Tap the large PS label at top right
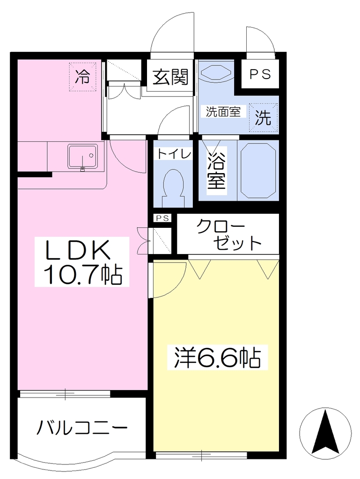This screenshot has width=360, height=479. pyautogui.click(x=260, y=74)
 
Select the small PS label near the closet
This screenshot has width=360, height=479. pyautogui.click(x=162, y=218)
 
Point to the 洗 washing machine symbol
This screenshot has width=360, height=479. pyautogui.click(x=263, y=117)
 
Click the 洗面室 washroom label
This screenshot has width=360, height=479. pyautogui.click(x=223, y=111)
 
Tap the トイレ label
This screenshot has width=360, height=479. pyautogui.click(x=174, y=153)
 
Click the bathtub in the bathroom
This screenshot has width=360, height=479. pyautogui.click(x=258, y=170)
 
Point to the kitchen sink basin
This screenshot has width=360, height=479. pyautogui.click(x=83, y=156)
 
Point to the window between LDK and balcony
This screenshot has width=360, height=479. pyautogui.click(x=65, y=393)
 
